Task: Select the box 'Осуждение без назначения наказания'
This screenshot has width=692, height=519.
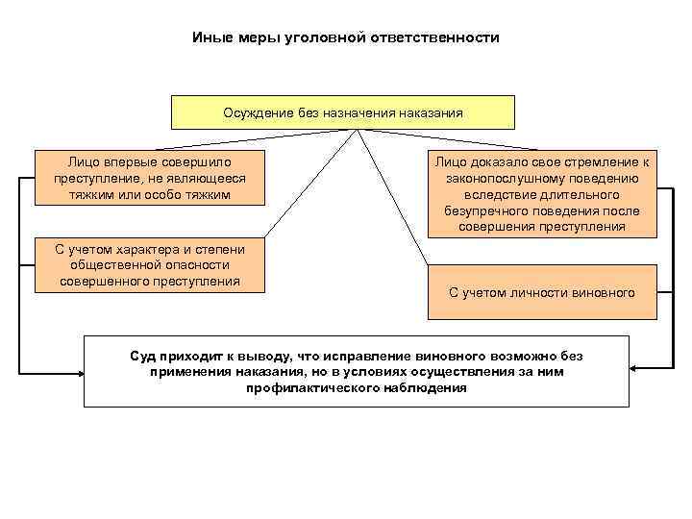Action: tap(343, 112)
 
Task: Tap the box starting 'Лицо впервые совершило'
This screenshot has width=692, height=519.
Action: tap(150, 178)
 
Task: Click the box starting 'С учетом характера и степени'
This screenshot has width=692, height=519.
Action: tap(150, 265)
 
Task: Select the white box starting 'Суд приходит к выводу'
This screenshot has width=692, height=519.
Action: tap(356, 372)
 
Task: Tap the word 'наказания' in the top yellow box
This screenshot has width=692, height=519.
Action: tap(430, 113)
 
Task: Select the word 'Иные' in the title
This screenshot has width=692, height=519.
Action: tap(207, 38)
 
